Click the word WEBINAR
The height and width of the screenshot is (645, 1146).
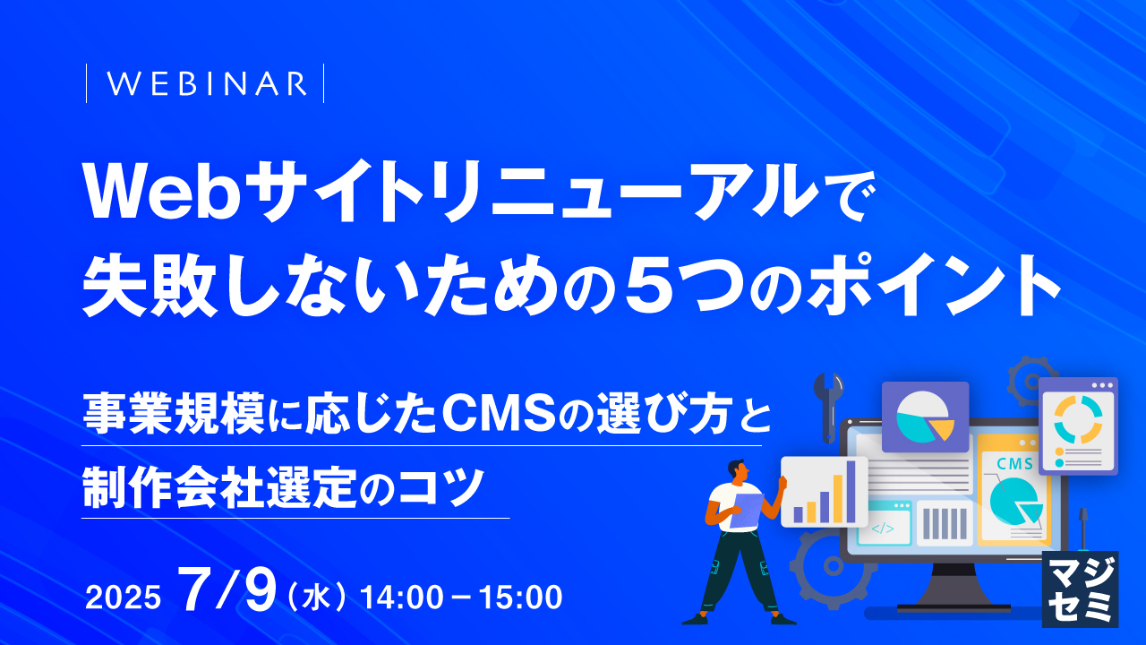(206, 83)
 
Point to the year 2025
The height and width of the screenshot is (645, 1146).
(123, 598)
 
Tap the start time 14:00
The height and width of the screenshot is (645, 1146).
(401, 597)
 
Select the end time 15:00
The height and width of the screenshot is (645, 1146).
(519, 597)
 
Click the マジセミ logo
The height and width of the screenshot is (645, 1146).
(1081, 587)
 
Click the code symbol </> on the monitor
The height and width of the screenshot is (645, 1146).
(882, 529)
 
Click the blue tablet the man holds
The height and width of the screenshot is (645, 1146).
(745, 509)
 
